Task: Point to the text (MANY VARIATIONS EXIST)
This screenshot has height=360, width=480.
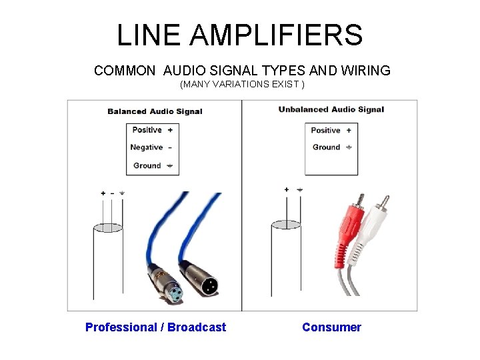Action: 242,85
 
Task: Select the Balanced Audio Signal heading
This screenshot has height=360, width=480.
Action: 155,111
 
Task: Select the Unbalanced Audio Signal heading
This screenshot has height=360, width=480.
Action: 331,109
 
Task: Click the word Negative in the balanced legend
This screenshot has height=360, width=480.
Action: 147,147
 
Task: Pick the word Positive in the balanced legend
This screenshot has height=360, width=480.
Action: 147,130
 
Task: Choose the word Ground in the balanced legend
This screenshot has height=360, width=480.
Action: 147,165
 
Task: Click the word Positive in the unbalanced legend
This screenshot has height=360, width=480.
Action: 325,130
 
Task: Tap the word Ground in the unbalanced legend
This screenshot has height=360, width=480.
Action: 326,147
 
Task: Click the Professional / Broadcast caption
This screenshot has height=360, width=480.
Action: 155,327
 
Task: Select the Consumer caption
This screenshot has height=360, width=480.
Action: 331,327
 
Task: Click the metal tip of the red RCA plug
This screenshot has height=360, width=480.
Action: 360,199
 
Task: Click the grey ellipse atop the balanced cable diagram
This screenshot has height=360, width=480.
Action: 107,227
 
